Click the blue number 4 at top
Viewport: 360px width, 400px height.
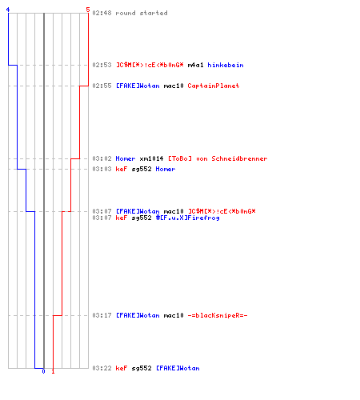8,10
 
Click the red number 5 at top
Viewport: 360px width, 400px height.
88,10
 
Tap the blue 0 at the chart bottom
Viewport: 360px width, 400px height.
43,371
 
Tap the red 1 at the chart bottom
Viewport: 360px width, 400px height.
53,371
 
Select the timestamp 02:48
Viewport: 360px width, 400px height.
102,13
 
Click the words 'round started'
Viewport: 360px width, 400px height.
142,13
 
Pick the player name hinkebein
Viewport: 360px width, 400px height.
226,65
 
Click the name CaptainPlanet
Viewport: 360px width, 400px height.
214,86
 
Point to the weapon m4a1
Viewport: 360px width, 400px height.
195,65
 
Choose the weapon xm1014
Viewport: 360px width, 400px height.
151,158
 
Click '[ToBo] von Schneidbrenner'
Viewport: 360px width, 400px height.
218,158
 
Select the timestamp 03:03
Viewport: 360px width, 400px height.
102,169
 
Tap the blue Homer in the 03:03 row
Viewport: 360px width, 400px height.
166,169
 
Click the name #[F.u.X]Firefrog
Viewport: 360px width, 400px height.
188,218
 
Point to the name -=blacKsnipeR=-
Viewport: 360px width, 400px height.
218,315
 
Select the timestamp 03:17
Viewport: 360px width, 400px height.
102,315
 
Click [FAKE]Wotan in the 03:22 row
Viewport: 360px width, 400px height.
178,368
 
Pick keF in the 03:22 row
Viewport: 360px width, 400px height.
122,368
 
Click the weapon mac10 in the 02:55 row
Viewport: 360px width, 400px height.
174,86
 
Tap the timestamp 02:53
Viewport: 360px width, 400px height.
102,65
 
